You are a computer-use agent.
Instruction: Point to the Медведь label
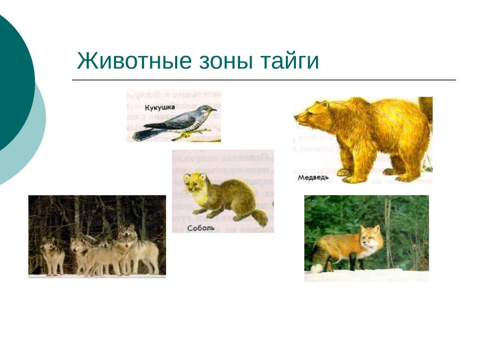pyautogui.click(x=313, y=178)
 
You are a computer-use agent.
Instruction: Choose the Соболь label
pyautogui.click(x=200, y=228)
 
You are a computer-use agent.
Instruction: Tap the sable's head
pyautogui.click(x=191, y=184)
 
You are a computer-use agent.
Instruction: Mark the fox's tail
pyautogui.click(x=319, y=255)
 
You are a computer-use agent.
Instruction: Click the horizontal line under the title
pyautogui.click(x=264, y=80)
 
